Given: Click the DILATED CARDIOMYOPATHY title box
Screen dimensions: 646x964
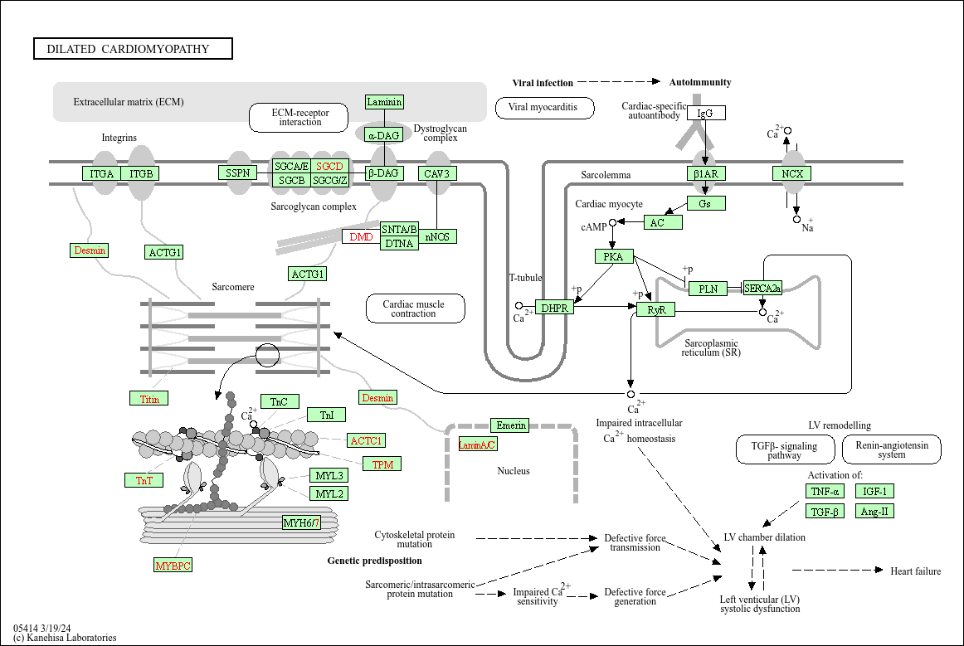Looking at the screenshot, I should (133, 49).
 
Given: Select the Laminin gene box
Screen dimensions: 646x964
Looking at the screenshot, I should (384, 102).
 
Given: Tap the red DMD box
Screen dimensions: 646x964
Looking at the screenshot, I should (361, 236).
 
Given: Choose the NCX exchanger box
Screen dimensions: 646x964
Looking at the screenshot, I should (791, 173).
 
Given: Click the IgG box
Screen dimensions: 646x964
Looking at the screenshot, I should (705, 113).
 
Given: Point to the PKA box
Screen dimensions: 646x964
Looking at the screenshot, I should (614, 256).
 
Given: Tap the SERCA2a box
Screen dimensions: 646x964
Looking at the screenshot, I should (762, 289).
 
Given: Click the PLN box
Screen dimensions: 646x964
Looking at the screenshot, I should (708, 289).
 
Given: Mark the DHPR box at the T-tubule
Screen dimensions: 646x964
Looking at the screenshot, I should (554, 308).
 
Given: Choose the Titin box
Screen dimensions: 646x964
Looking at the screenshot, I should (149, 399).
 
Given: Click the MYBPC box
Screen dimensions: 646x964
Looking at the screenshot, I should (173, 566).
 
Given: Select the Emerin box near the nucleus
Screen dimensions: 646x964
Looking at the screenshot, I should (512, 425).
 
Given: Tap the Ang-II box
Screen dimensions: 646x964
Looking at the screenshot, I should (875, 512).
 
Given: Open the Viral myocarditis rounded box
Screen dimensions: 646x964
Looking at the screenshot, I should (545, 107).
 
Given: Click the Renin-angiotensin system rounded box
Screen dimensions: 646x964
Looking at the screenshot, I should (891, 449).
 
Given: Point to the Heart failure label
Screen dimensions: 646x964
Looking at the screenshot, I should (915, 571).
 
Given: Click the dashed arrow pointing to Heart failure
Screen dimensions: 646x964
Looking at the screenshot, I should (838, 570).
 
